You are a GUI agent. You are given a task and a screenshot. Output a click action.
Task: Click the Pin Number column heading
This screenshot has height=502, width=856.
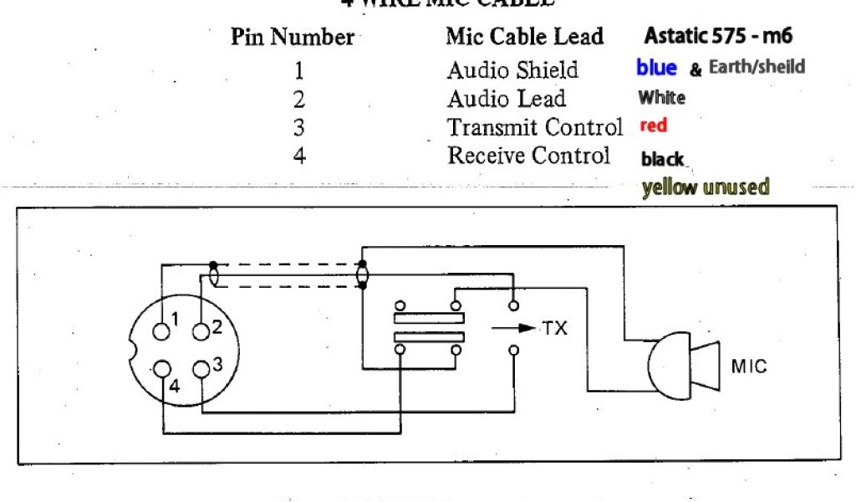(292, 38)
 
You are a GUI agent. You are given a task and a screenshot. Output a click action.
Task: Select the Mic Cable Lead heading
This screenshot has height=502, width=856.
(524, 37)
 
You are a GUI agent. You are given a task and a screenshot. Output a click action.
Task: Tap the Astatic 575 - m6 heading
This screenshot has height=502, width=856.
(718, 36)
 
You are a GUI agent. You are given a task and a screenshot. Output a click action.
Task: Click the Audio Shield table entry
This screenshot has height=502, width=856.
(512, 69)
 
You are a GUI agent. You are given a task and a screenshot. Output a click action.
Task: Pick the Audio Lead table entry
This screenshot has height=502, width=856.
(506, 99)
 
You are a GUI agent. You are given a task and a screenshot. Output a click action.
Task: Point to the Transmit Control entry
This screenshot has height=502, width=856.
(535, 128)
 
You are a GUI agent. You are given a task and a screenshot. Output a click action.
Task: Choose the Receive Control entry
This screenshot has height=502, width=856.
(528, 156)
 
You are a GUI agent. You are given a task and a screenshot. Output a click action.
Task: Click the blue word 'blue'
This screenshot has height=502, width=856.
(656, 67)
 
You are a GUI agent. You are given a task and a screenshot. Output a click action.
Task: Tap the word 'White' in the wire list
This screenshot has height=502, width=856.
(661, 98)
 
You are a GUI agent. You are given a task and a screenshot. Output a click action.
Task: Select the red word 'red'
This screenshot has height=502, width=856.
(653, 126)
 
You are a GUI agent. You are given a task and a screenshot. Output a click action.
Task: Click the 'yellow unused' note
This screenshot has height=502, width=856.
(705, 187)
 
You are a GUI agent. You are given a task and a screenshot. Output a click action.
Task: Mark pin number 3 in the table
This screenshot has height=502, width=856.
(298, 128)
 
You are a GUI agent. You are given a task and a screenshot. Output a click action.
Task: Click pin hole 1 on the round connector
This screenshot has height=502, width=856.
(160, 330)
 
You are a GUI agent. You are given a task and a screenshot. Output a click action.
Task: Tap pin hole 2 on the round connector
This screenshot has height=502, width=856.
(201, 331)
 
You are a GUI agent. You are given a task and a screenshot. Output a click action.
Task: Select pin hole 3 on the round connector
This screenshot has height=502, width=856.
(201, 368)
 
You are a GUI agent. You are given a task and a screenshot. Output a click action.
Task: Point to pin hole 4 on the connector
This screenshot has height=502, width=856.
(160, 368)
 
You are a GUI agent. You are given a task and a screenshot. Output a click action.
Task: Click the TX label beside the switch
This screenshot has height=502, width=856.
(554, 328)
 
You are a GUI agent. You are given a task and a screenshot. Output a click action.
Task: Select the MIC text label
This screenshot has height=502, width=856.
(748, 366)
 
